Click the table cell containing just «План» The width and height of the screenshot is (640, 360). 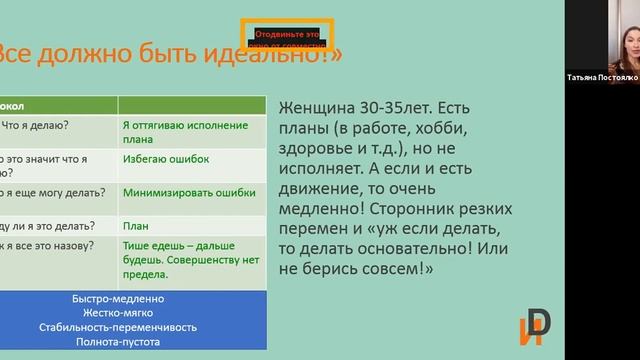(x=135, y=226)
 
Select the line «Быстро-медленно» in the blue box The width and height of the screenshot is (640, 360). (x=119, y=299)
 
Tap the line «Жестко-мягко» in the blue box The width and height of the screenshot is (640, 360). (x=119, y=313)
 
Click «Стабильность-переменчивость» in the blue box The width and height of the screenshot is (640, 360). (x=119, y=327)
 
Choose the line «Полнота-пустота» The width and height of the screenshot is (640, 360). (x=119, y=341)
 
